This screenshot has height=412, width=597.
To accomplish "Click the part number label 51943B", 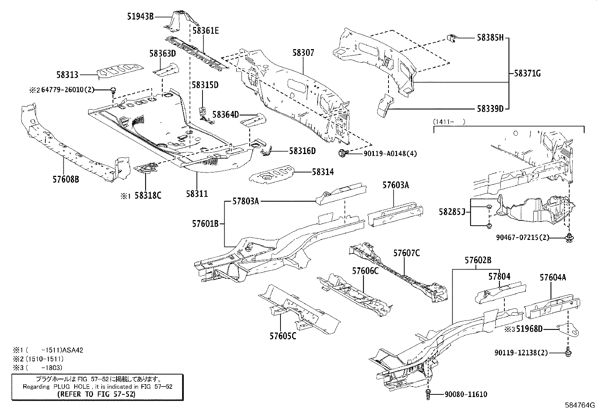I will point(140,17).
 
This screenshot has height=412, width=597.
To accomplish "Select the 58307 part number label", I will point(303,53).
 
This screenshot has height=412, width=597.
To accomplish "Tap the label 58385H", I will point(490,37).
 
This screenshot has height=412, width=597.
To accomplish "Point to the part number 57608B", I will point(66,180).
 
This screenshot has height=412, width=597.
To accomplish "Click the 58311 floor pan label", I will point(196,194).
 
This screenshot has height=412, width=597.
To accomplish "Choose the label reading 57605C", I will point(282,336).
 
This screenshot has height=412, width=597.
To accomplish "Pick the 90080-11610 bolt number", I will point(466,394).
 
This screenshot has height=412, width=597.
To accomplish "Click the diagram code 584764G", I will point(580,405).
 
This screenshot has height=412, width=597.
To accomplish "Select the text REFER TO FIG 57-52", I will point(97,394).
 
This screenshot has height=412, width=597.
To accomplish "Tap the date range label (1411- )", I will point(449,121).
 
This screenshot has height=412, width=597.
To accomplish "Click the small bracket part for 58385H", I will point(452,38).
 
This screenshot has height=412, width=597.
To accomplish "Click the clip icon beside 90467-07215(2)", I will point(569,237).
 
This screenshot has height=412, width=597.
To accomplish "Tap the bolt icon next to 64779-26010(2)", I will point(113,90).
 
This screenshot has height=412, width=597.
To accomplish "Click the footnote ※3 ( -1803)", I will point(37,368).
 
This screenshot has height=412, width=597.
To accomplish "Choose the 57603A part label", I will point(396,185).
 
